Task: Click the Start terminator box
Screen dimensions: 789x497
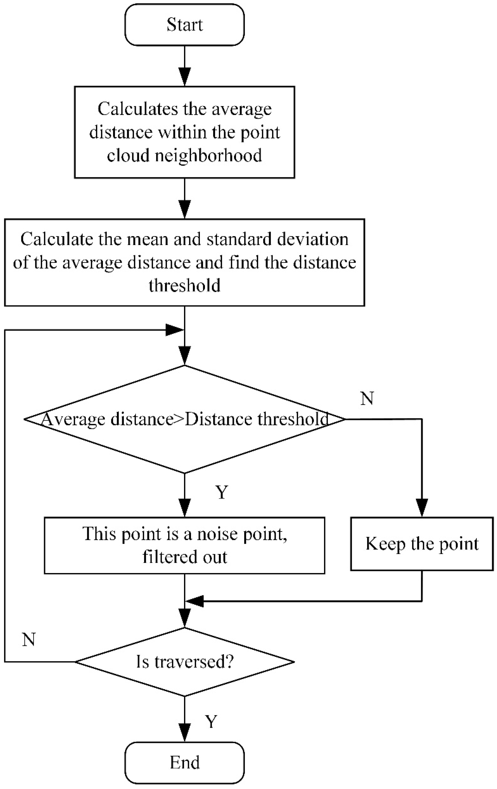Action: click(184, 25)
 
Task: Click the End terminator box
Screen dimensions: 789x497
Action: click(184, 762)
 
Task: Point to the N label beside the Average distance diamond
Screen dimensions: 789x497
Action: click(367, 398)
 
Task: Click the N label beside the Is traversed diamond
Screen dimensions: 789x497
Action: click(29, 639)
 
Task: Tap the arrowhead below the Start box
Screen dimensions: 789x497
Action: click(184, 77)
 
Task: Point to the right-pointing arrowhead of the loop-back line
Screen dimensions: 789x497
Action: click(174, 330)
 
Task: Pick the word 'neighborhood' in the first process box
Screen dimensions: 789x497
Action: click(208, 155)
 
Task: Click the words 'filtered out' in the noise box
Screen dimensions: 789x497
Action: click(184, 557)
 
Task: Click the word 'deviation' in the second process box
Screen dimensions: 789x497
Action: click(313, 239)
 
